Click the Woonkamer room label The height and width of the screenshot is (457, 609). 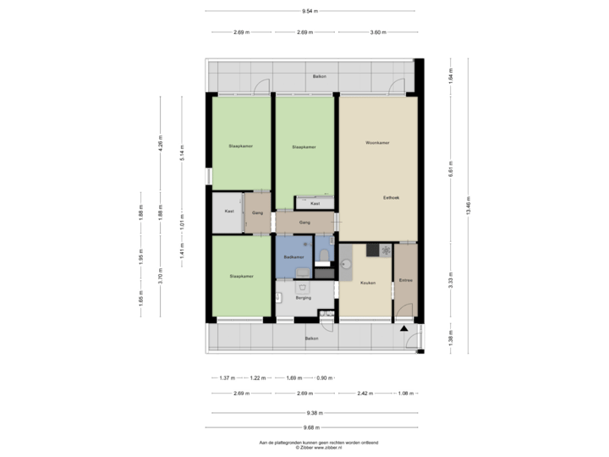click(376, 142)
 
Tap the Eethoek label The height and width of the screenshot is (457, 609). click(391, 197)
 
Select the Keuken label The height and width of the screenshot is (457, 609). click(367, 283)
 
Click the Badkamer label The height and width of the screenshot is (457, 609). click(294, 256)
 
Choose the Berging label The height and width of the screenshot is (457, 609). click(304, 298)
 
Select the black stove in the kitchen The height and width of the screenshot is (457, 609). click(372, 250)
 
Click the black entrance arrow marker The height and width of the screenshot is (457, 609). click(405, 328)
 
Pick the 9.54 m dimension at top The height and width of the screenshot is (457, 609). click(310, 11)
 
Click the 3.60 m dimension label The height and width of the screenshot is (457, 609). click(377, 33)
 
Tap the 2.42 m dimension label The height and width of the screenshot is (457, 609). click(365, 393)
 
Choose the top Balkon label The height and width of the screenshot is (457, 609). click(319, 76)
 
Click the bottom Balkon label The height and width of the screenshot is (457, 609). click(312, 339)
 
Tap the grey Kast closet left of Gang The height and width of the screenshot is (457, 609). click(228, 212)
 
